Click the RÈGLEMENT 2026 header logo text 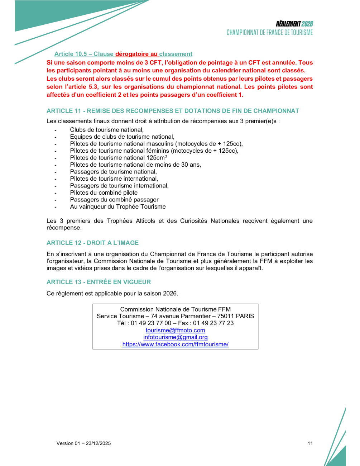(x=294, y=24)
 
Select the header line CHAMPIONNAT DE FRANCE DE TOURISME (x=269, y=33)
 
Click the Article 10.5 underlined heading (x=123, y=54)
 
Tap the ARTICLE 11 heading (x=173, y=111)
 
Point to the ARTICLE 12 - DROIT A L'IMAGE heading (x=92, y=243)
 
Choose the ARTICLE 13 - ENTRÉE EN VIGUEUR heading (x=99, y=282)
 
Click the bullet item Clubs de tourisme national (x=107, y=130)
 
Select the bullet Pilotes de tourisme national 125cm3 (x=118, y=158)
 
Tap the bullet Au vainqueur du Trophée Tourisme (x=118, y=206)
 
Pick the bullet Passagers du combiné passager (x=114, y=200)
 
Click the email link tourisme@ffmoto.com (x=175, y=330)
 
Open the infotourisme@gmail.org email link (x=175, y=337)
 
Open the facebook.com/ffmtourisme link (x=175, y=344)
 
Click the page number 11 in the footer (x=310, y=443)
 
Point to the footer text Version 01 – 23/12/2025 (x=83, y=443)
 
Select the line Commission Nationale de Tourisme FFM (x=175, y=309)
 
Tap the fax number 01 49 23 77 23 (x=213, y=323)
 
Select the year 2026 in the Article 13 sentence (x=170, y=293)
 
